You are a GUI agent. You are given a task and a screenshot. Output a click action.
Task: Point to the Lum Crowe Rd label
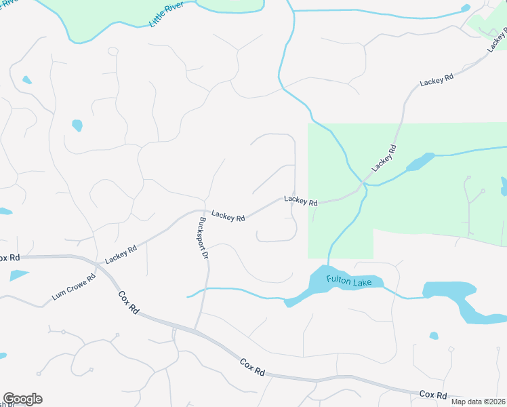point(73,288)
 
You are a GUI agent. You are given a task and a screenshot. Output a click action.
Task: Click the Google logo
point(22,399)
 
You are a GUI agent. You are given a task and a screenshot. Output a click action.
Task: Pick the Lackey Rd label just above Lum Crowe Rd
point(121,254)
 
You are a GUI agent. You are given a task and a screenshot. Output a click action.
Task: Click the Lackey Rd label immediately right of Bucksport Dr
point(228,216)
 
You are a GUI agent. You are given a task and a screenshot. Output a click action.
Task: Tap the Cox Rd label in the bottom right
point(433,394)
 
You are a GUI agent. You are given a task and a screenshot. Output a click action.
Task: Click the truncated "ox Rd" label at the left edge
point(10,258)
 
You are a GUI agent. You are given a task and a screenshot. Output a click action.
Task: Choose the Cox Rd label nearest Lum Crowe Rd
point(128,302)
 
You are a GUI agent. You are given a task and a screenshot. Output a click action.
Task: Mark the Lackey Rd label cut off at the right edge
point(497,41)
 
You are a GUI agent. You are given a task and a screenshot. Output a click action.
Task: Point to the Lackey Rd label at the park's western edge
point(301,201)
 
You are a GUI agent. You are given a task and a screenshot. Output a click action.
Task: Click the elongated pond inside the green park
point(420,163)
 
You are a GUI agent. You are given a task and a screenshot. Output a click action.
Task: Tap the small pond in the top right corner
point(466,8)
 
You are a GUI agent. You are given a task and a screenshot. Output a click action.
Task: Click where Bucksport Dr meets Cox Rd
point(195,330)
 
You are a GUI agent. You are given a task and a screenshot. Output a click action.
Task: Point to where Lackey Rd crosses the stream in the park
point(364,183)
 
